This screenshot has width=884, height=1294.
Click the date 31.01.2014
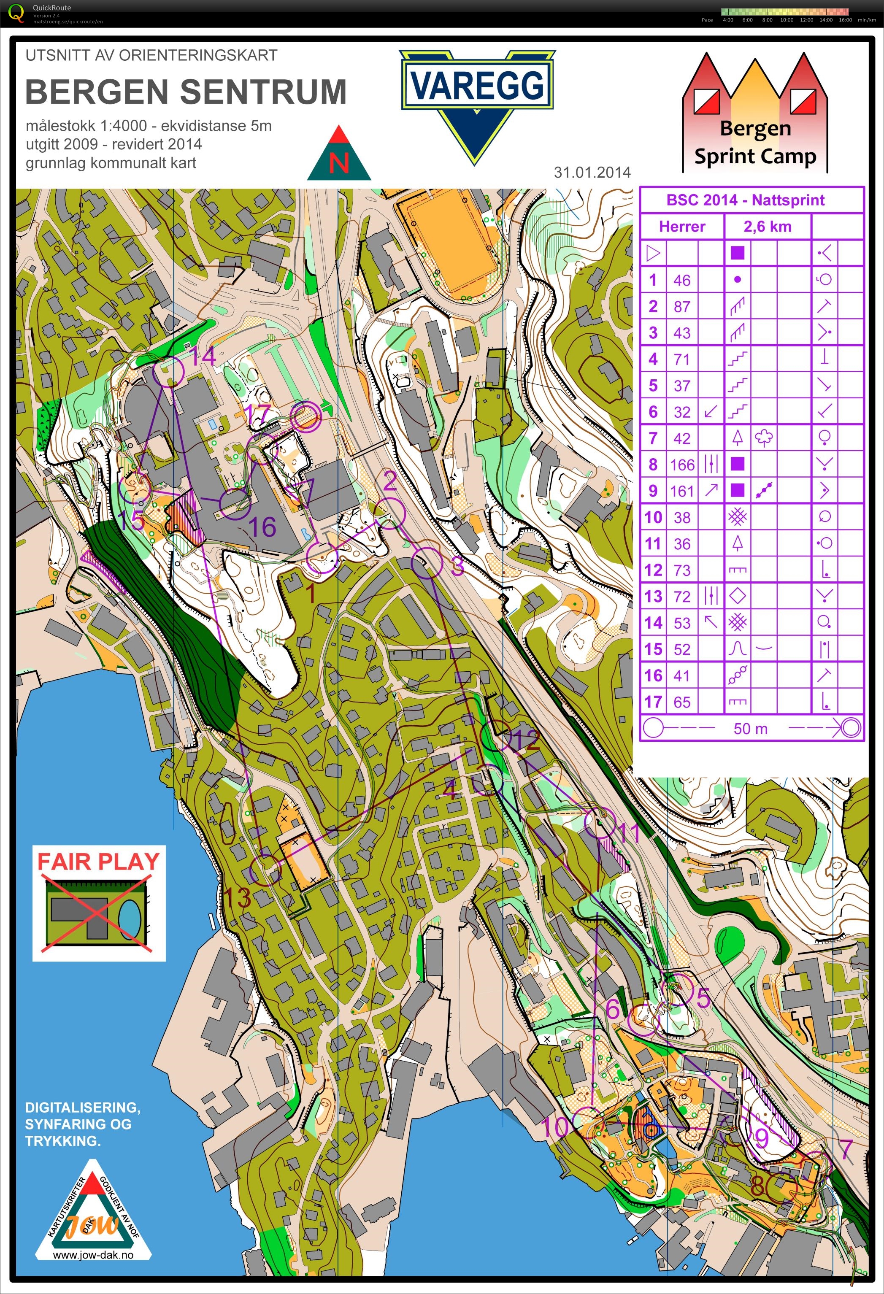(x=592, y=172)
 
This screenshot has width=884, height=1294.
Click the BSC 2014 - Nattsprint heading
(x=745, y=200)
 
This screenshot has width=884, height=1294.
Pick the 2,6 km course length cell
(x=767, y=227)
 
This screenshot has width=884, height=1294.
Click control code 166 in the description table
(x=682, y=465)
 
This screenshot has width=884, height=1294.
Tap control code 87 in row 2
(x=682, y=306)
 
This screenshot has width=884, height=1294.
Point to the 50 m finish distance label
(x=750, y=728)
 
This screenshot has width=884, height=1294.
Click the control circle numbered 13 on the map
(x=265, y=870)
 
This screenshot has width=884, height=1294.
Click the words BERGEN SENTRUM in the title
(x=186, y=92)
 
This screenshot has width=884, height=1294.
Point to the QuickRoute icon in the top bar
(x=17, y=12)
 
